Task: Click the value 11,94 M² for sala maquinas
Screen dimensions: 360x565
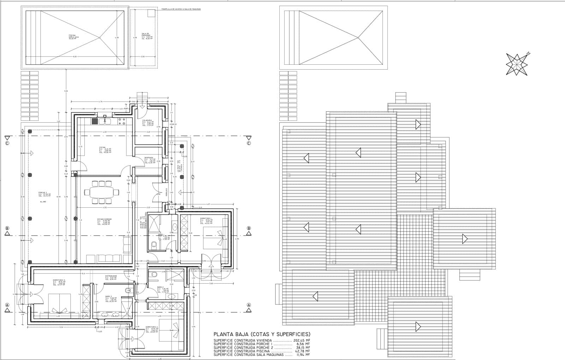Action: pos(303,354)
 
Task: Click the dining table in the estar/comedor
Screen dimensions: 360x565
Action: pos(102,193)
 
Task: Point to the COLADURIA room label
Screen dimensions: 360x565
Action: pos(147,120)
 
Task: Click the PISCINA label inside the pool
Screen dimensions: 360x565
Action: pos(72,35)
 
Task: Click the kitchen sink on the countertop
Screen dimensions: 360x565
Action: pos(106,122)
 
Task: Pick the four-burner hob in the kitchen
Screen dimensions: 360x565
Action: pos(122,122)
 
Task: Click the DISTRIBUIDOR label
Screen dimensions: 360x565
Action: pos(111,276)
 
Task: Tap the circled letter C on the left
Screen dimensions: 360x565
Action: pos(7,143)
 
